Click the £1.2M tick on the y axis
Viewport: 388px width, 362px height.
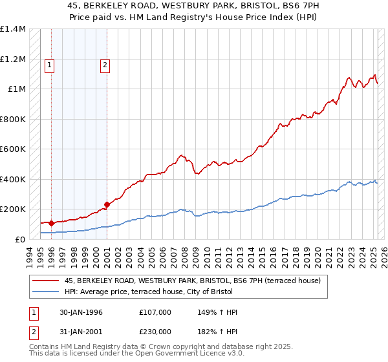coord(13,59)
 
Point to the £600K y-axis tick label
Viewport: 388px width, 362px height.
coord(13,149)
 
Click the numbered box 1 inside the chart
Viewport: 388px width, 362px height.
coord(50,64)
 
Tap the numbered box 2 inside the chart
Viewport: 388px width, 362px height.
coord(105,64)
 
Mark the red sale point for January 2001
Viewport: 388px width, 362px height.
coord(107,205)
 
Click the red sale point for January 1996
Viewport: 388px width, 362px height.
coord(51,223)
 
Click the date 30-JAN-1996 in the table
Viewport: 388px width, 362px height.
coord(81,312)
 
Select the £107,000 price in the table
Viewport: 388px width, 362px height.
coord(155,312)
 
